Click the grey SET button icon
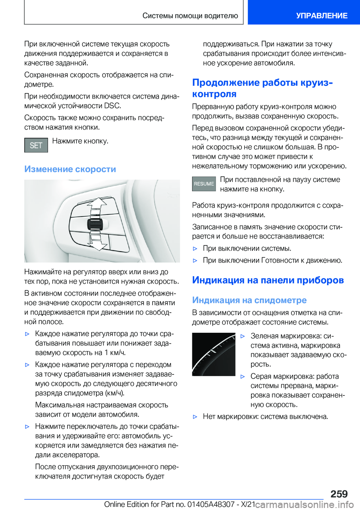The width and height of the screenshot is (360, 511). tap(36, 145)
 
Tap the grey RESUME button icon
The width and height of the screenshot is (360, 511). tap(204, 184)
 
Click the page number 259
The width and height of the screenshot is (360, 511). tap(339, 494)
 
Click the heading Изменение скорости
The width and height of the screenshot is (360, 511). tap(70, 169)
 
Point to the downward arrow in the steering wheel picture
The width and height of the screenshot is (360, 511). tap(99, 243)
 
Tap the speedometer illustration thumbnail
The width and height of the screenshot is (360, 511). tap(214, 354)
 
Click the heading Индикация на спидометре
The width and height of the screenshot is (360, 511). tap(249, 300)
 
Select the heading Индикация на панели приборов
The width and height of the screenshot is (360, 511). tap(268, 280)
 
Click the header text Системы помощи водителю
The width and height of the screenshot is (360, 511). tap(190, 16)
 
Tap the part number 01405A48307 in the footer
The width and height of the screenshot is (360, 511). tap(211, 505)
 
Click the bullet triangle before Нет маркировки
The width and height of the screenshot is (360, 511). tap(195, 417)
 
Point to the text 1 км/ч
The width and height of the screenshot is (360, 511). tap(115, 353)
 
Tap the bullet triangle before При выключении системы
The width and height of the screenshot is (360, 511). tap(195, 249)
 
